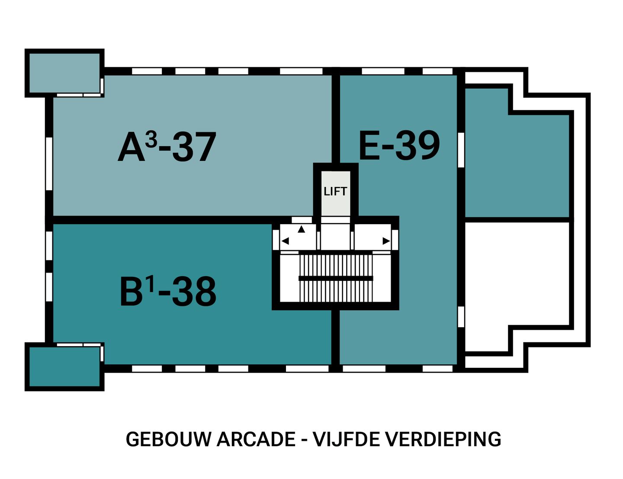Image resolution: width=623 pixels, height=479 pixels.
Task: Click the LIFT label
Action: pyautogui.click(x=335, y=191)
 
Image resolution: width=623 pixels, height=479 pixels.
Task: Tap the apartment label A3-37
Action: pyautogui.click(x=167, y=148)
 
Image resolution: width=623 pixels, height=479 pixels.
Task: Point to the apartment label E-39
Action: pyautogui.click(x=399, y=145)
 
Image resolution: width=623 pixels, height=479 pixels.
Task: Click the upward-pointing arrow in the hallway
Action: pyautogui.click(x=301, y=229)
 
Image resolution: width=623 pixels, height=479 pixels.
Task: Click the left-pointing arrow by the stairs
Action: pyautogui.click(x=285, y=241)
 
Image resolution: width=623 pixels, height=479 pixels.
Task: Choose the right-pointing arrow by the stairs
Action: pyautogui.click(x=386, y=241)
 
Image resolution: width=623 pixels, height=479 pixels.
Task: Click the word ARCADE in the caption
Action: pyautogui.click(x=256, y=440)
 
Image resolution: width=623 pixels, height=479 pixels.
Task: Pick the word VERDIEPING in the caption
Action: pyautogui.click(x=443, y=440)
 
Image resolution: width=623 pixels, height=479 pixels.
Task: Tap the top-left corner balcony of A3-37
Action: pyautogui.click(x=64, y=73)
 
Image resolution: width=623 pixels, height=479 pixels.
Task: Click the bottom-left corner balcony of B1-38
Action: pyautogui.click(x=64, y=366)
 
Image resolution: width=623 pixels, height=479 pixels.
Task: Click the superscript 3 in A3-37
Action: pyautogui.click(x=151, y=139)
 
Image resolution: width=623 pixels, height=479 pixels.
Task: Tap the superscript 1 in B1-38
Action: pyautogui.click(x=150, y=284)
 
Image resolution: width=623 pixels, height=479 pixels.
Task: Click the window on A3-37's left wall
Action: pyautogui.click(x=49, y=163)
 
